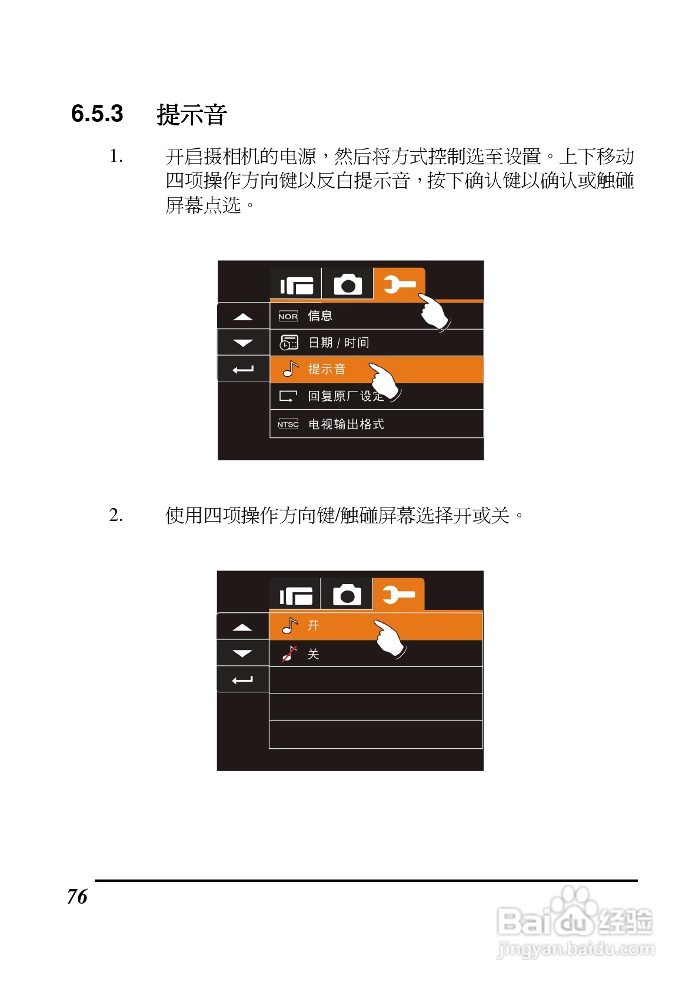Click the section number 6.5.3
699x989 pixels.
pyautogui.click(x=97, y=114)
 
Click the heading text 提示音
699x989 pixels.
pyautogui.click(x=192, y=114)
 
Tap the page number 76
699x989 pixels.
pyautogui.click(x=77, y=896)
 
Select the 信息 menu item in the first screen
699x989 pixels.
pyautogui.click(x=320, y=316)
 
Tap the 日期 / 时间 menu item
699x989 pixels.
pyautogui.click(x=339, y=343)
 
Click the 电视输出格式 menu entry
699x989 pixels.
pyautogui.click(x=346, y=424)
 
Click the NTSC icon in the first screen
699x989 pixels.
pyautogui.click(x=288, y=424)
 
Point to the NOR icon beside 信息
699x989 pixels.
pyautogui.click(x=288, y=316)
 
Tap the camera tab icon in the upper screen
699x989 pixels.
pyautogui.click(x=348, y=285)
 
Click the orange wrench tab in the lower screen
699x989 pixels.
pyautogui.click(x=398, y=595)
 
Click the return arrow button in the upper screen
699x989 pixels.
pyautogui.click(x=243, y=370)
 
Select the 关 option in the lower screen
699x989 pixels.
pyautogui.click(x=313, y=654)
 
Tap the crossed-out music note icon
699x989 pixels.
pyautogui.click(x=289, y=653)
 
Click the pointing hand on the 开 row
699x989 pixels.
pyautogui.click(x=389, y=638)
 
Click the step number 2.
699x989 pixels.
pyautogui.click(x=116, y=515)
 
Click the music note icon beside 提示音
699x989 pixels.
pyautogui.click(x=290, y=369)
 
